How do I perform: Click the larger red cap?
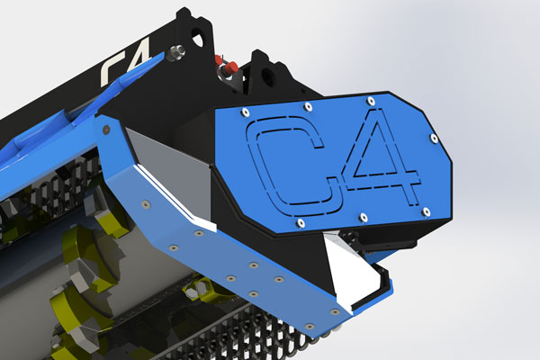(x=231, y=67)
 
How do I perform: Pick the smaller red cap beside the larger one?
(x=219, y=60)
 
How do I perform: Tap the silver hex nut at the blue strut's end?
(x=175, y=53)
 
